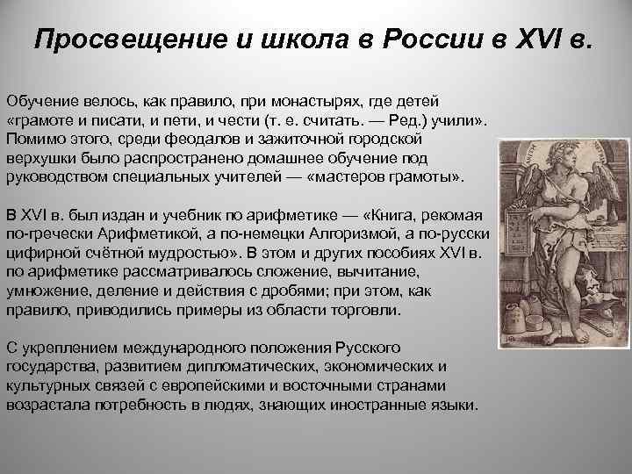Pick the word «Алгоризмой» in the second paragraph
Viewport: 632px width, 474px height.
point(352,235)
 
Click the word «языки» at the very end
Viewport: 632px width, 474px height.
point(456,406)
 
